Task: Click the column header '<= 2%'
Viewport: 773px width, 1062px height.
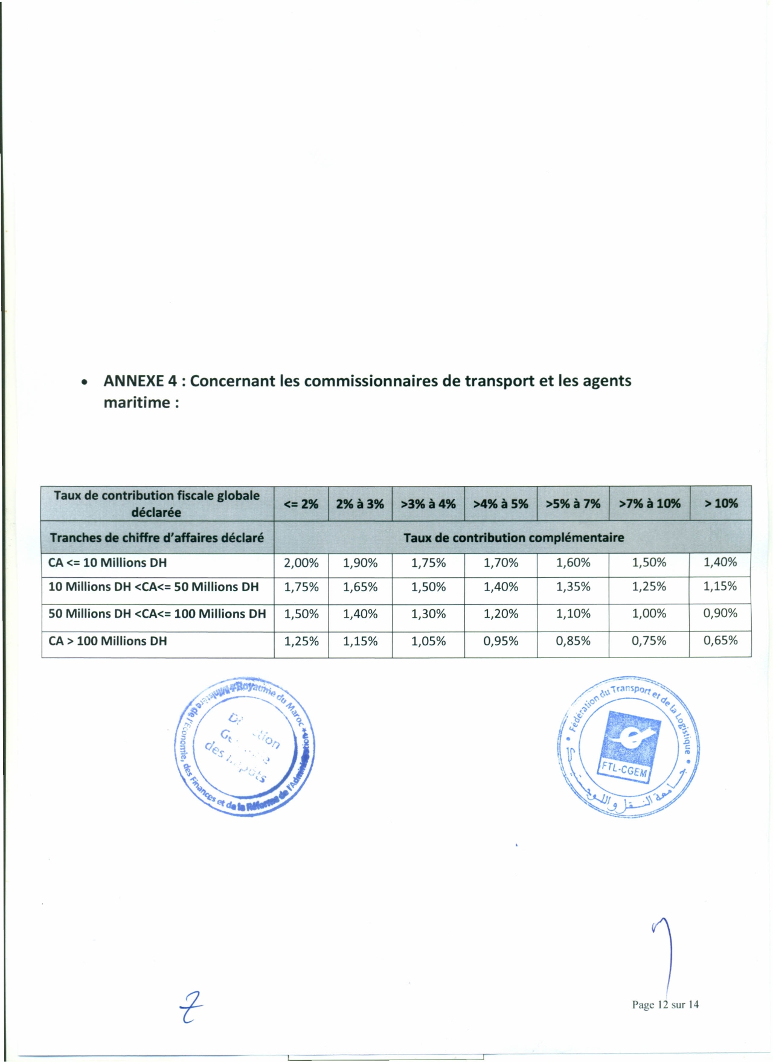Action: (x=301, y=504)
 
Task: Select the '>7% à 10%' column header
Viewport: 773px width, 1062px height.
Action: (x=649, y=504)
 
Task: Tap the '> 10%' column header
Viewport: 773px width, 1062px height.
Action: (x=720, y=504)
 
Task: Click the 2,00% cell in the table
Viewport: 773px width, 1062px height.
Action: (x=301, y=563)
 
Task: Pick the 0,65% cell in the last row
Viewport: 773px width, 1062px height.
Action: (x=720, y=641)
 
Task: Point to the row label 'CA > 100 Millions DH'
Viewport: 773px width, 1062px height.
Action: (x=107, y=641)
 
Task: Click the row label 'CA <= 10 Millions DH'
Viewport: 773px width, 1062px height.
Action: (x=107, y=563)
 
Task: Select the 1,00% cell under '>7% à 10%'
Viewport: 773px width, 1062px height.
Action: (x=649, y=613)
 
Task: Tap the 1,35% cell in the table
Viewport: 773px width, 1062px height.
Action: (x=573, y=587)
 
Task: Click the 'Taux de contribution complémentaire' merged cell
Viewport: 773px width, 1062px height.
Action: (x=513, y=537)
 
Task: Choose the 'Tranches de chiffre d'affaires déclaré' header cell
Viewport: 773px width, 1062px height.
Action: (x=157, y=537)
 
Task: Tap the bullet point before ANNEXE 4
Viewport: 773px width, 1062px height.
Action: (x=86, y=383)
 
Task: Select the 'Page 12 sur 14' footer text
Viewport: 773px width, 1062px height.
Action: (x=665, y=1005)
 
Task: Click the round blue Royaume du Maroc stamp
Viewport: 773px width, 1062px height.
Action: (x=245, y=746)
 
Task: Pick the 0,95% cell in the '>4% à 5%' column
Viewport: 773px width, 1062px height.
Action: (x=501, y=641)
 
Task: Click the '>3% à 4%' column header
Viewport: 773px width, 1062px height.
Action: (x=428, y=504)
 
